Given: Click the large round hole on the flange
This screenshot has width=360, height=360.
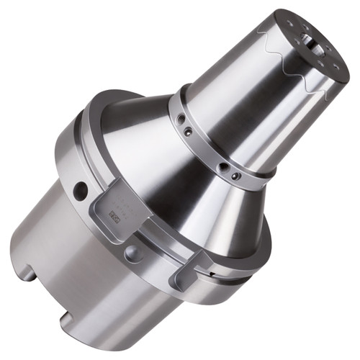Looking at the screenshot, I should point(81,190).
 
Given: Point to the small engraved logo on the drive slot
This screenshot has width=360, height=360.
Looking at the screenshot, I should point(114,214).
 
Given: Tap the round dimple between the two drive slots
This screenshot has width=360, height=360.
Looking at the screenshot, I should point(132,253).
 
